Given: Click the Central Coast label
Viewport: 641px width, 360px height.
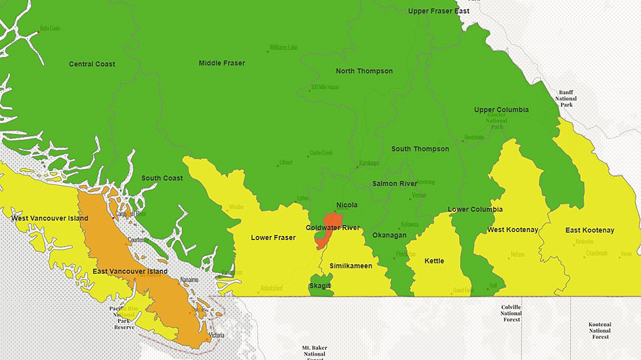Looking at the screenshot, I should point(92,64).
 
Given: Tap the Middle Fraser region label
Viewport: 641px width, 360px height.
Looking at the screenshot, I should point(222,63).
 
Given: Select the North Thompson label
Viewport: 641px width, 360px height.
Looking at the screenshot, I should point(364,71).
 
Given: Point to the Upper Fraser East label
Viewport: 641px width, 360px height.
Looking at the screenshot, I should point(438,11).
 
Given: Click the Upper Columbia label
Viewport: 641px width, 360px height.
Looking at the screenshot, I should point(501,110).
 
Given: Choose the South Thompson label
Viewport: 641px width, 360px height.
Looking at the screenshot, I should point(420,149).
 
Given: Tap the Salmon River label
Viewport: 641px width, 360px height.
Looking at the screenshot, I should point(394,184).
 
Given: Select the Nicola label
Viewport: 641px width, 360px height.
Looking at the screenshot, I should point(347,206).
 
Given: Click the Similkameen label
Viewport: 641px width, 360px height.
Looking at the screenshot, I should point(351,266).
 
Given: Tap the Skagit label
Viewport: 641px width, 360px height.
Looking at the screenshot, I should point(320,286).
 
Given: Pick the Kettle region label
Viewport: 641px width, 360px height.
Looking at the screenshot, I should point(434,261).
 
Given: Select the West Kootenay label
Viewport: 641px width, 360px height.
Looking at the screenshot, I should point(513,229).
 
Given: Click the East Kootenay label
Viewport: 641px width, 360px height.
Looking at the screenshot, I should point(590,231).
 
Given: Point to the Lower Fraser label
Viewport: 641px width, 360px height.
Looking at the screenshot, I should point(273,238).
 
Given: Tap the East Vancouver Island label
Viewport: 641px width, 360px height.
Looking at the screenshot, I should point(130,272).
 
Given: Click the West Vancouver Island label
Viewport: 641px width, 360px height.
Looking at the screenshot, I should point(50,218).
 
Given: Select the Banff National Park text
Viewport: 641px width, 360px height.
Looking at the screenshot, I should point(567,98).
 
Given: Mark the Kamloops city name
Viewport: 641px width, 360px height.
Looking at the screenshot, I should point(369,163).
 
